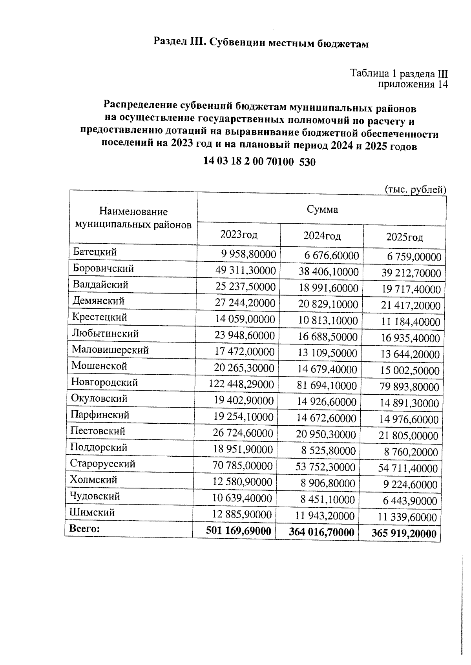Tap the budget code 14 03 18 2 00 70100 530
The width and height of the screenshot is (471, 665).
tap(259, 162)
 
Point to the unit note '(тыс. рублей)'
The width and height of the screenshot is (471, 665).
tap(416, 189)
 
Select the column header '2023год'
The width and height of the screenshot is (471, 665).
tap(239, 235)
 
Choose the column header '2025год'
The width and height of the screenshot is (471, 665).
tap(404, 237)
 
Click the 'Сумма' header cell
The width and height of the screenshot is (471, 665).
tap(322, 210)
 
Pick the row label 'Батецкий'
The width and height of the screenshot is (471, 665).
tap(95, 252)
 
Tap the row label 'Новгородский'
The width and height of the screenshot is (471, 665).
tap(105, 382)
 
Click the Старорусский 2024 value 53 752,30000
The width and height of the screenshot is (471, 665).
tap(325, 467)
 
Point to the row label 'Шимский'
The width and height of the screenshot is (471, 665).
tap(92, 512)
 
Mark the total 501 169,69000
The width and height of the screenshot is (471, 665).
tap(239, 531)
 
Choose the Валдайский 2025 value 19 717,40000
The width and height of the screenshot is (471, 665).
tap(411, 290)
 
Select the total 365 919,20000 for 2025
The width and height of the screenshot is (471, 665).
tap(404, 534)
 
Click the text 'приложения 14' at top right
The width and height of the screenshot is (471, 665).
tap(413, 84)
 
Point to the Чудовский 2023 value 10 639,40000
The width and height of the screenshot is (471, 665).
tap(242, 498)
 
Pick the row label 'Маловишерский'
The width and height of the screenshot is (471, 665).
tap(110, 350)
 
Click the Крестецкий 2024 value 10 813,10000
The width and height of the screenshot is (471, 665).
tap(328, 321)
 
